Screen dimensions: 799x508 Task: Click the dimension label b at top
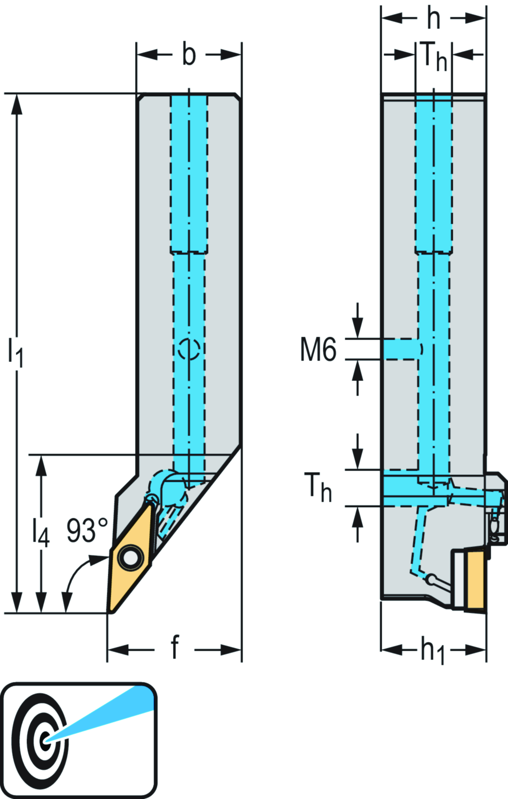189,55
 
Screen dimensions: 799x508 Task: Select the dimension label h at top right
434,18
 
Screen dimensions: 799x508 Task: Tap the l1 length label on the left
15,351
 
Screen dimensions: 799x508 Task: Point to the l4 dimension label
41,532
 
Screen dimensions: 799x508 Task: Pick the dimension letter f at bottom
175,648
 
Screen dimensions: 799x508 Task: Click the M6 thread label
318,349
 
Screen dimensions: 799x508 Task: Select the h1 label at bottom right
433,650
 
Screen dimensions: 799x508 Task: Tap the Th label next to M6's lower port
317,487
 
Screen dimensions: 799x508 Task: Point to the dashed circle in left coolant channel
189,348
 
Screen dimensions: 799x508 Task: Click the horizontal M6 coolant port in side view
401,349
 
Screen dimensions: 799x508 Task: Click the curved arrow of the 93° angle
74,573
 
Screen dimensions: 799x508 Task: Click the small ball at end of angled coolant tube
432,579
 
